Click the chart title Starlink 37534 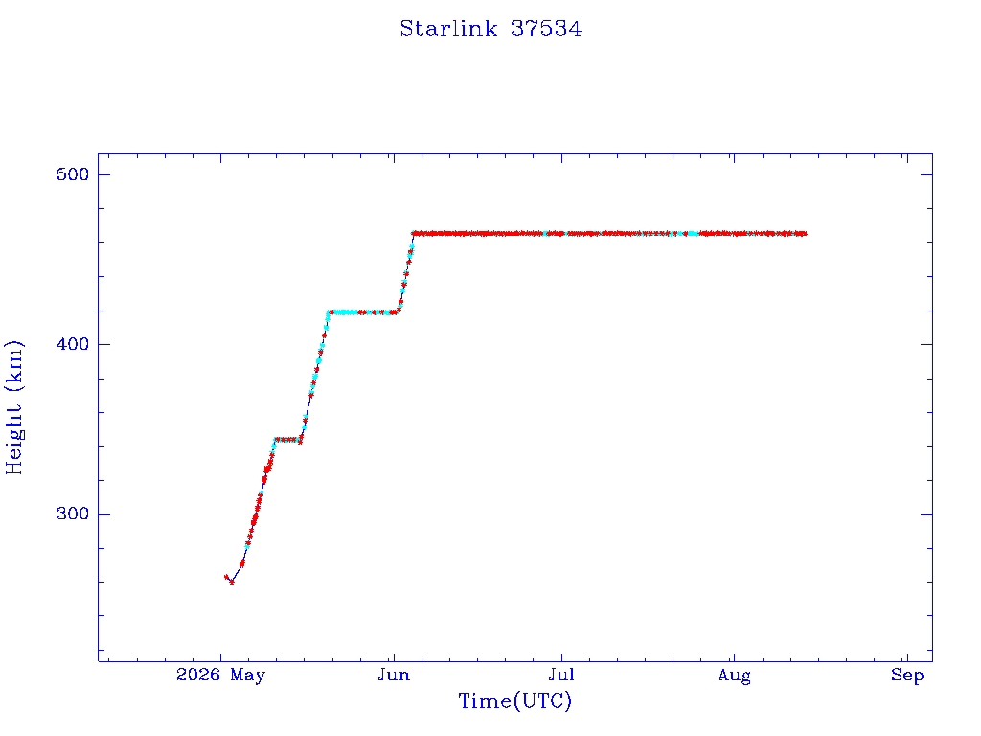490,29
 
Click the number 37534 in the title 546,29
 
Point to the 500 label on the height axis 73,174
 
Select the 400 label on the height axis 73,344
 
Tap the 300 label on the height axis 73,514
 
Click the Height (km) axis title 13,408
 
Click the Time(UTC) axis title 514,701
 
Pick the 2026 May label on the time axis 221,676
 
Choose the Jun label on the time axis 394,676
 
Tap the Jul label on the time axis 561,676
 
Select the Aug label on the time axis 734,676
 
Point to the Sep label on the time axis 907,676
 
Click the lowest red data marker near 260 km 232,582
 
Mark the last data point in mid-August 804,234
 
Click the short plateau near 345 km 287,440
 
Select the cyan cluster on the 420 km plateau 344,311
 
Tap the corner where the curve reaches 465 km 414,234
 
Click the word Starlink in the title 448,29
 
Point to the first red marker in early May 226,577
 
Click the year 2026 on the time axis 197,675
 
